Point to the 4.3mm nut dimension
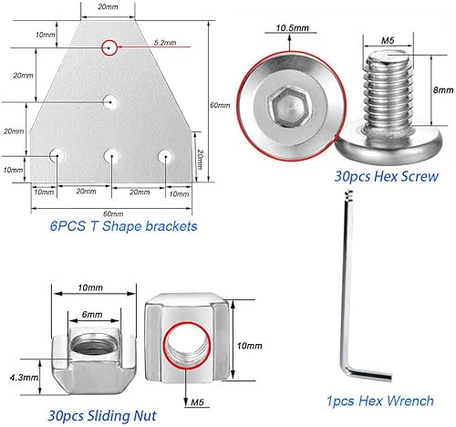(x=26, y=376)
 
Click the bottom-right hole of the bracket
(x=165, y=155)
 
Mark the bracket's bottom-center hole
(x=110, y=155)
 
